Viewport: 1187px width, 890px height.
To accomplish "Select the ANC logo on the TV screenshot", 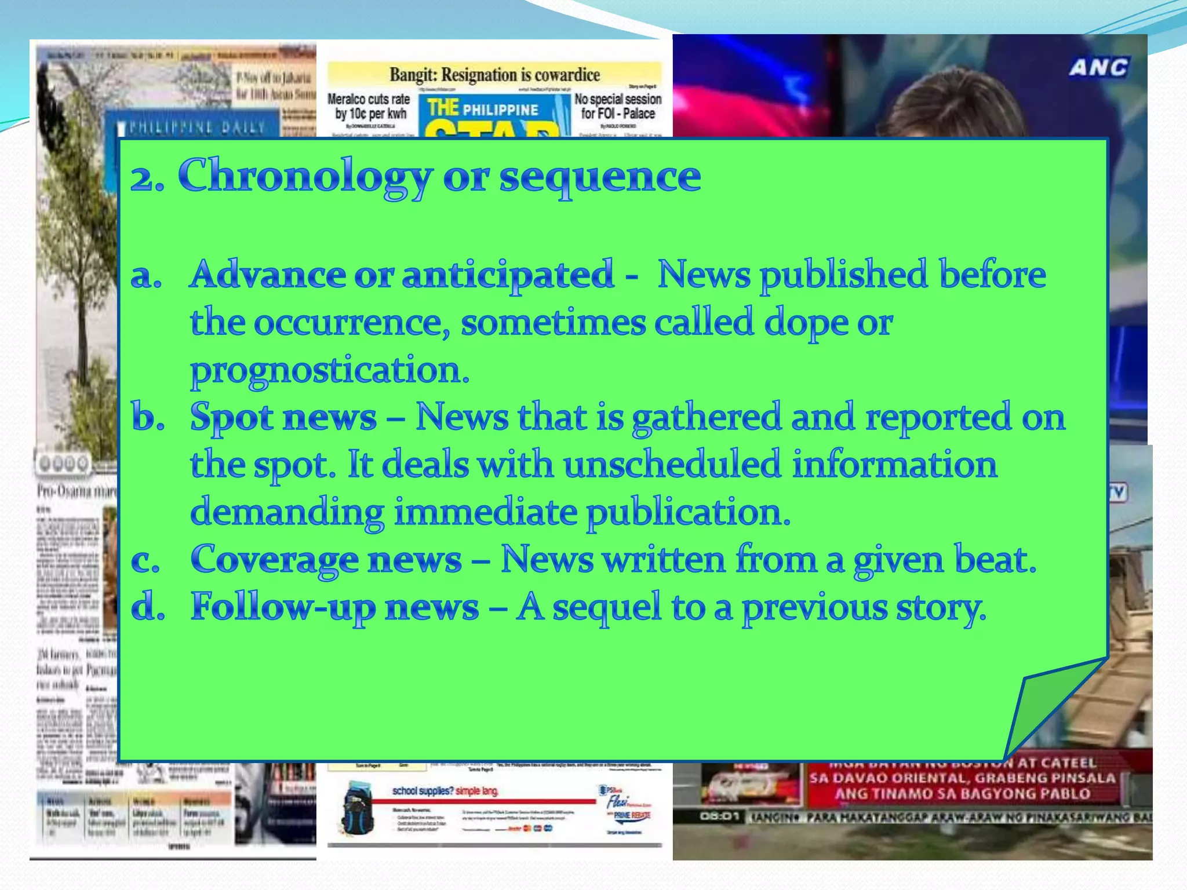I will [1098, 68].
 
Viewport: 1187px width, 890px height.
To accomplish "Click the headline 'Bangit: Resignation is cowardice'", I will [494, 75].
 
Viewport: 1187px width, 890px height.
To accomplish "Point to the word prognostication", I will [329, 370].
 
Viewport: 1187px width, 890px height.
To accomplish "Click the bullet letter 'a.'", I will [146, 275].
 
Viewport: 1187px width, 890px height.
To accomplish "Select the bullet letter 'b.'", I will [148, 417].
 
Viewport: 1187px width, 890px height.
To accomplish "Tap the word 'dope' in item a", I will [806, 323].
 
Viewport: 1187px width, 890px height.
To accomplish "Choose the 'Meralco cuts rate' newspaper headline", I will [369, 106].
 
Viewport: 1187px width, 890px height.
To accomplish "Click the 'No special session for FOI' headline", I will [618, 106].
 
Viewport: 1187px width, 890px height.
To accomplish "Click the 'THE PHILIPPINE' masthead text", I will [483, 109].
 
